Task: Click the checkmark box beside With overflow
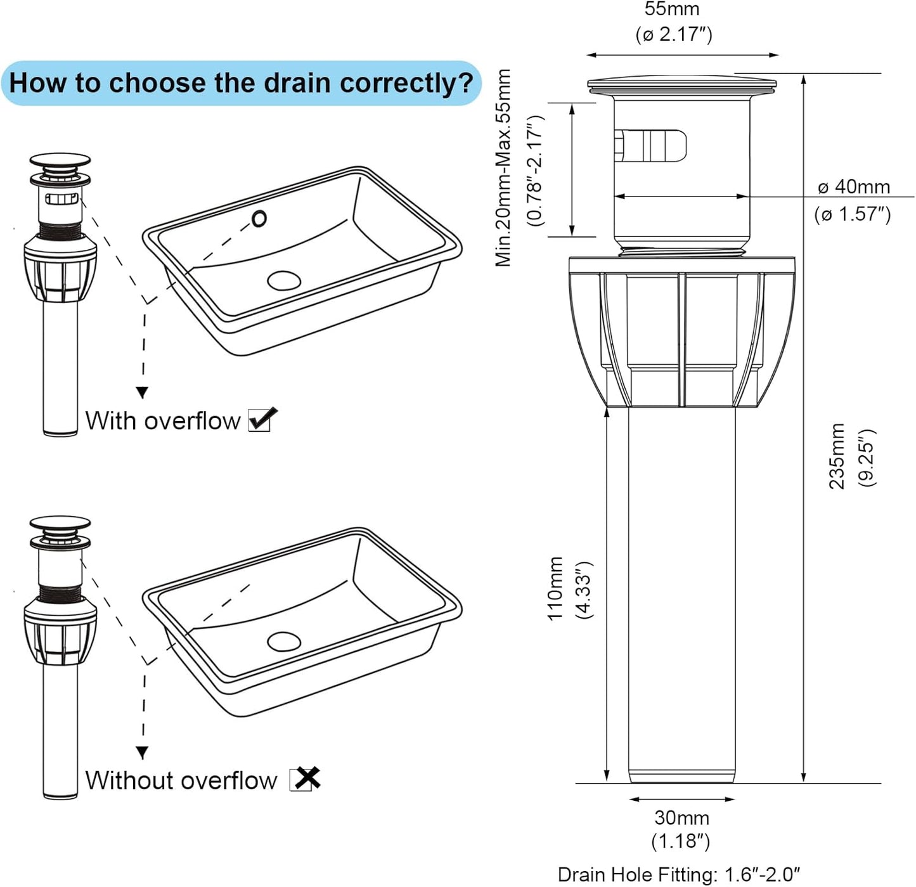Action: pos(261,420)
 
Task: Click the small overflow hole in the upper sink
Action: pos(259,219)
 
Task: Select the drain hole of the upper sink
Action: pos(283,280)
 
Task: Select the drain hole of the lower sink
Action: pos(284,641)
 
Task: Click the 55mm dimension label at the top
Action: pos(672,10)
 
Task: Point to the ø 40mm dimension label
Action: pos(853,187)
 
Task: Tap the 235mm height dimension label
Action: pos(837,456)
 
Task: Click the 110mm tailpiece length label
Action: pos(555,588)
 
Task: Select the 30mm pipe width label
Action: pos(681,817)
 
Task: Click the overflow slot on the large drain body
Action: pos(653,145)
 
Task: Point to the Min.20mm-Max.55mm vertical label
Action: pos(503,168)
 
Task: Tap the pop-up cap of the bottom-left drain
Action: pos(60,524)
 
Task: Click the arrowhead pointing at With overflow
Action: pos(143,392)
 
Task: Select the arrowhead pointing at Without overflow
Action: pos(143,753)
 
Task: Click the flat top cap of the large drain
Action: pos(682,84)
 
